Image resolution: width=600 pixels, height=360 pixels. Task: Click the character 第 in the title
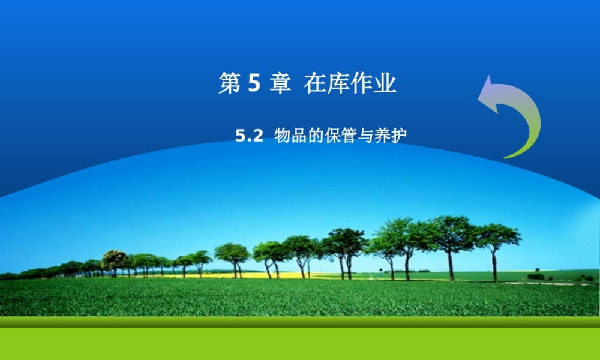click(229, 84)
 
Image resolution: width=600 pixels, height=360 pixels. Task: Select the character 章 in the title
click(280, 84)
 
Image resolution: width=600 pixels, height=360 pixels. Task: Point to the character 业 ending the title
click(385, 84)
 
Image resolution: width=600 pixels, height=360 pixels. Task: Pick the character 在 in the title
click(315, 84)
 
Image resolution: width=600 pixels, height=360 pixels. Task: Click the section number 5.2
click(249, 136)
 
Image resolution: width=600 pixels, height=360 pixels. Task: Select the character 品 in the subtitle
click(299, 136)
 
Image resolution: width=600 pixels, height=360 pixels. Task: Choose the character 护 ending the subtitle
click(398, 136)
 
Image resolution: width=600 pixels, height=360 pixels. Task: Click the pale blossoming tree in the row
click(114, 260)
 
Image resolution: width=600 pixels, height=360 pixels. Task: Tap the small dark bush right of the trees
click(536, 276)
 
